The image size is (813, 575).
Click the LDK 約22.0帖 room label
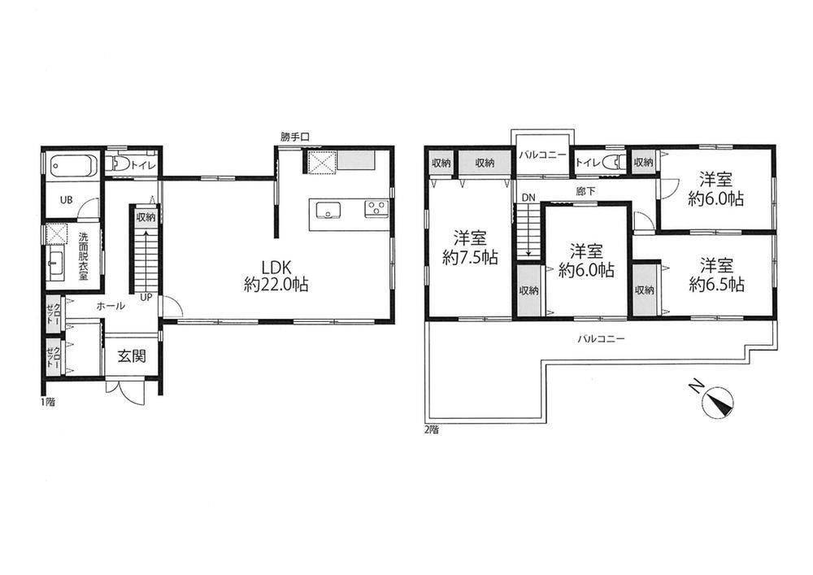pyautogui.click(x=276, y=276)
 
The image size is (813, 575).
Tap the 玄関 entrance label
pyautogui.click(x=132, y=356)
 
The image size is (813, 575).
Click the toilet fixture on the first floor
pyautogui.click(x=120, y=163)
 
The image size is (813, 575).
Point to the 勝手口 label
pyautogui.click(x=295, y=137)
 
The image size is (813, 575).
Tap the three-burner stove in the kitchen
pyautogui.click(x=376, y=208)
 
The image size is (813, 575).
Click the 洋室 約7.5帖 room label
pyautogui.click(x=470, y=248)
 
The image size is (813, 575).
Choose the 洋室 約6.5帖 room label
pyautogui.click(x=716, y=276)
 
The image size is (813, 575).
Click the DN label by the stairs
pyautogui.click(x=528, y=198)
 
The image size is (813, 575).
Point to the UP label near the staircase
pyautogui.click(x=146, y=298)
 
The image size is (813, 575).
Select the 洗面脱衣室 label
pyautogui.click(x=83, y=256)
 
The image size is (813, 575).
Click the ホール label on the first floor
pyautogui.click(x=111, y=307)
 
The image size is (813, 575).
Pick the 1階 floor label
pyautogui.click(x=47, y=402)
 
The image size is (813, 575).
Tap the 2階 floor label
pyautogui.click(x=432, y=429)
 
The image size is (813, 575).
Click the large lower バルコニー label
pyautogui.click(x=602, y=339)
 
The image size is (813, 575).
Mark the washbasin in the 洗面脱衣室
pyautogui.click(x=55, y=263)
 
